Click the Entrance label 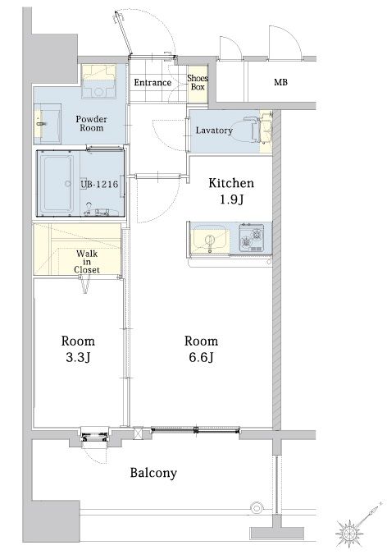pyautogui.click(x=153, y=83)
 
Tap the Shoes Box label pyautogui.click(x=198, y=82)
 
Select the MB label pyautogui.click(x=280, y=82)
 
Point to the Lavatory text pyautogui.click(x=214, y=131)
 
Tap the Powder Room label pyautogui.click(x=92, y=123)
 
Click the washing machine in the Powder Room pyautogui.click(x=98, y=81)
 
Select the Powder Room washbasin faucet pyautogui.click(x=40, y=124)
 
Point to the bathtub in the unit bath pyautogui.click(x=57, y=184)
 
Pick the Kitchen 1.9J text pyautogui.click(x=231, y=191)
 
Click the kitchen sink pyautogui.click(x=210, y=240)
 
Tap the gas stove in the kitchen pyautogui.click(x=252, y=237)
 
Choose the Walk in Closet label pyautogui.click(x=87, y=262)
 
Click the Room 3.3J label pyautogui.click(x=78, y=349)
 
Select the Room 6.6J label pyautogui.click(x=201, y=349)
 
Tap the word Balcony pyautogui.click(x=153, y=473)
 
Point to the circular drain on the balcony pyautogui.click(x=257, y=507)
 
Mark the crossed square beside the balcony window pyautogui.click(x=138, y=433)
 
